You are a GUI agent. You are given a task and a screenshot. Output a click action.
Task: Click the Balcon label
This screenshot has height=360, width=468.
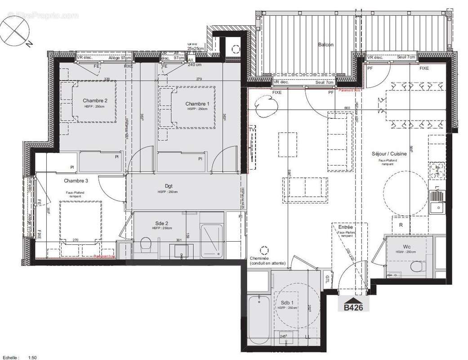[x=325, y=45]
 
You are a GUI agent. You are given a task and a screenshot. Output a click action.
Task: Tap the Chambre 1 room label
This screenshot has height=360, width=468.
[x=197, y=104]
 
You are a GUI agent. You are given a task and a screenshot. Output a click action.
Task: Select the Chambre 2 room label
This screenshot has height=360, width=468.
[x=94, y=100]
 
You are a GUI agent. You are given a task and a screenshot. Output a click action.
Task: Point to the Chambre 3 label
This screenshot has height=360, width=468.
[x=76, y=181]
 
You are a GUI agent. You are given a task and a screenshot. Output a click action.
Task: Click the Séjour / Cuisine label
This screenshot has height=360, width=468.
[x=389, y=154]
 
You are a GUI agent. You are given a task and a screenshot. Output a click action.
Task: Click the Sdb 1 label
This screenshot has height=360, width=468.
[x=288, y=302]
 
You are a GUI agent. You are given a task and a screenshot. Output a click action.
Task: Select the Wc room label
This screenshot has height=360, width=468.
[x=406, y=247]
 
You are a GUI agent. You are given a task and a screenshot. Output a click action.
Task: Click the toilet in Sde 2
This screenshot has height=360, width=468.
[x=146, y=246]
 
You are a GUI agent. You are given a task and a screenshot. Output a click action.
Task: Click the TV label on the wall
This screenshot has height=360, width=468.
[x=252, y=130]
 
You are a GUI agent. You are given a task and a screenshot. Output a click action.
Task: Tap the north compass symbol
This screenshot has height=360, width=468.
[x=16, y=30]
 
